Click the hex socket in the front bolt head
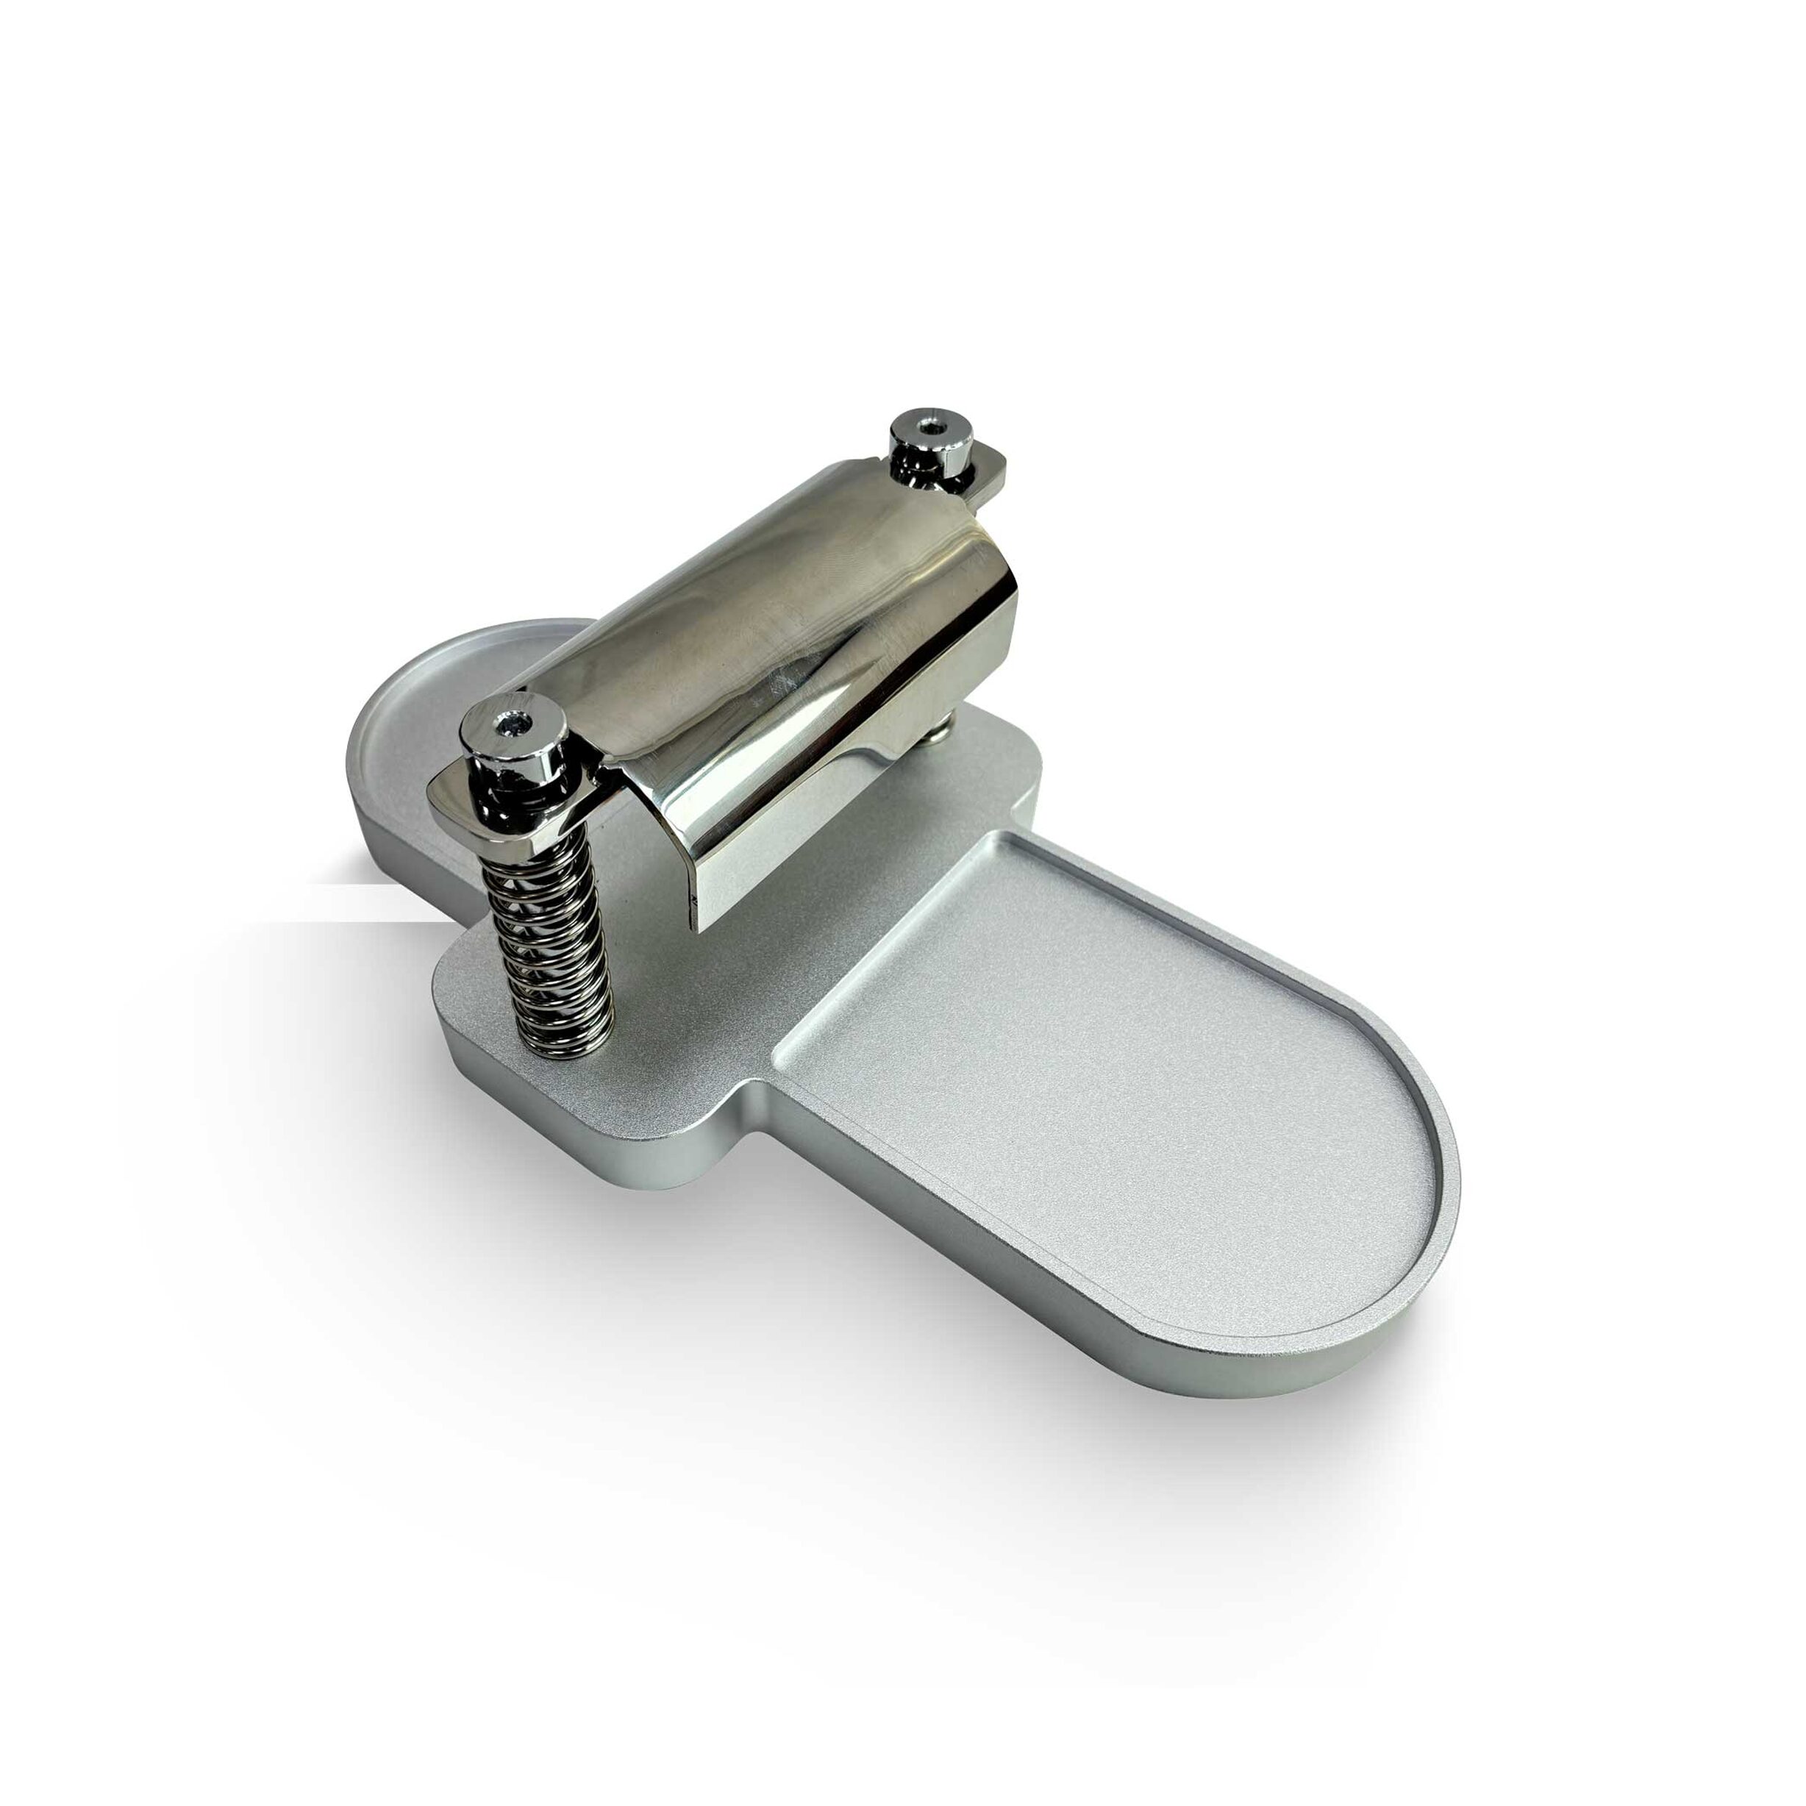tap(513, 723)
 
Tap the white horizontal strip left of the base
tap(374, 902)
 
